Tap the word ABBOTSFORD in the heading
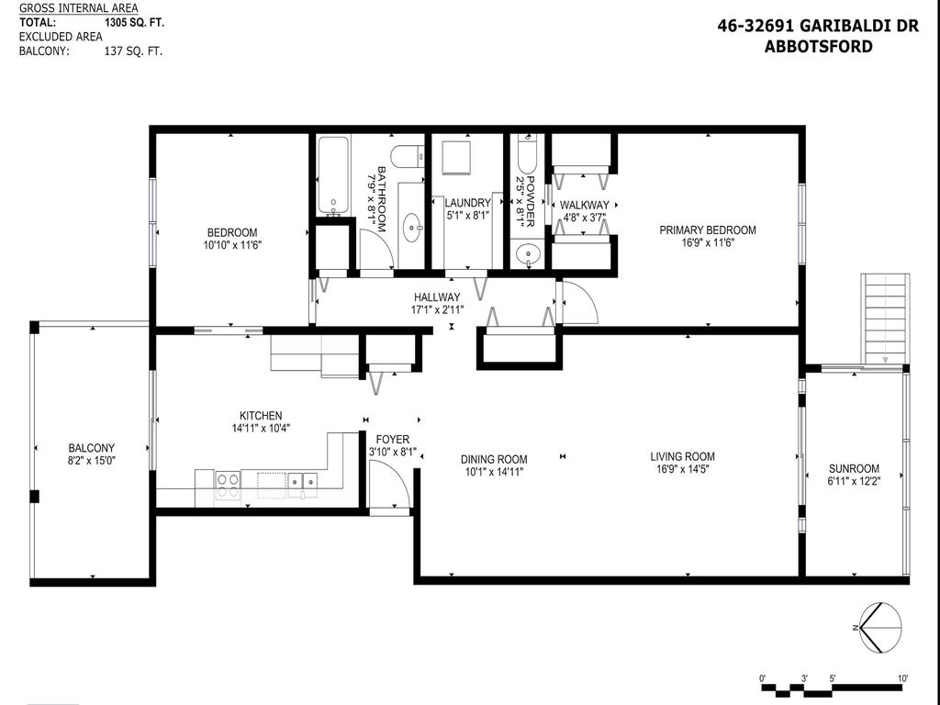click(818, 46)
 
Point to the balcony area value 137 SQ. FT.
click(133, 51)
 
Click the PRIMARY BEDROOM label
click(708, 230)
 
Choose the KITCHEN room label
click(261, 416)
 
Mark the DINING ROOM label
click(494, 460)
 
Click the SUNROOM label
click(854, 468)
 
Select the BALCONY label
click(90, 448)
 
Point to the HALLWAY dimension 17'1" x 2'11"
click(437, 310)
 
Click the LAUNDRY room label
click(467, 203)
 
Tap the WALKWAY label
click(584, 205)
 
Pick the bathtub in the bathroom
click(333, 174)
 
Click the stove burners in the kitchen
click(228, 484)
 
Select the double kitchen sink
click(301, 480)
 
